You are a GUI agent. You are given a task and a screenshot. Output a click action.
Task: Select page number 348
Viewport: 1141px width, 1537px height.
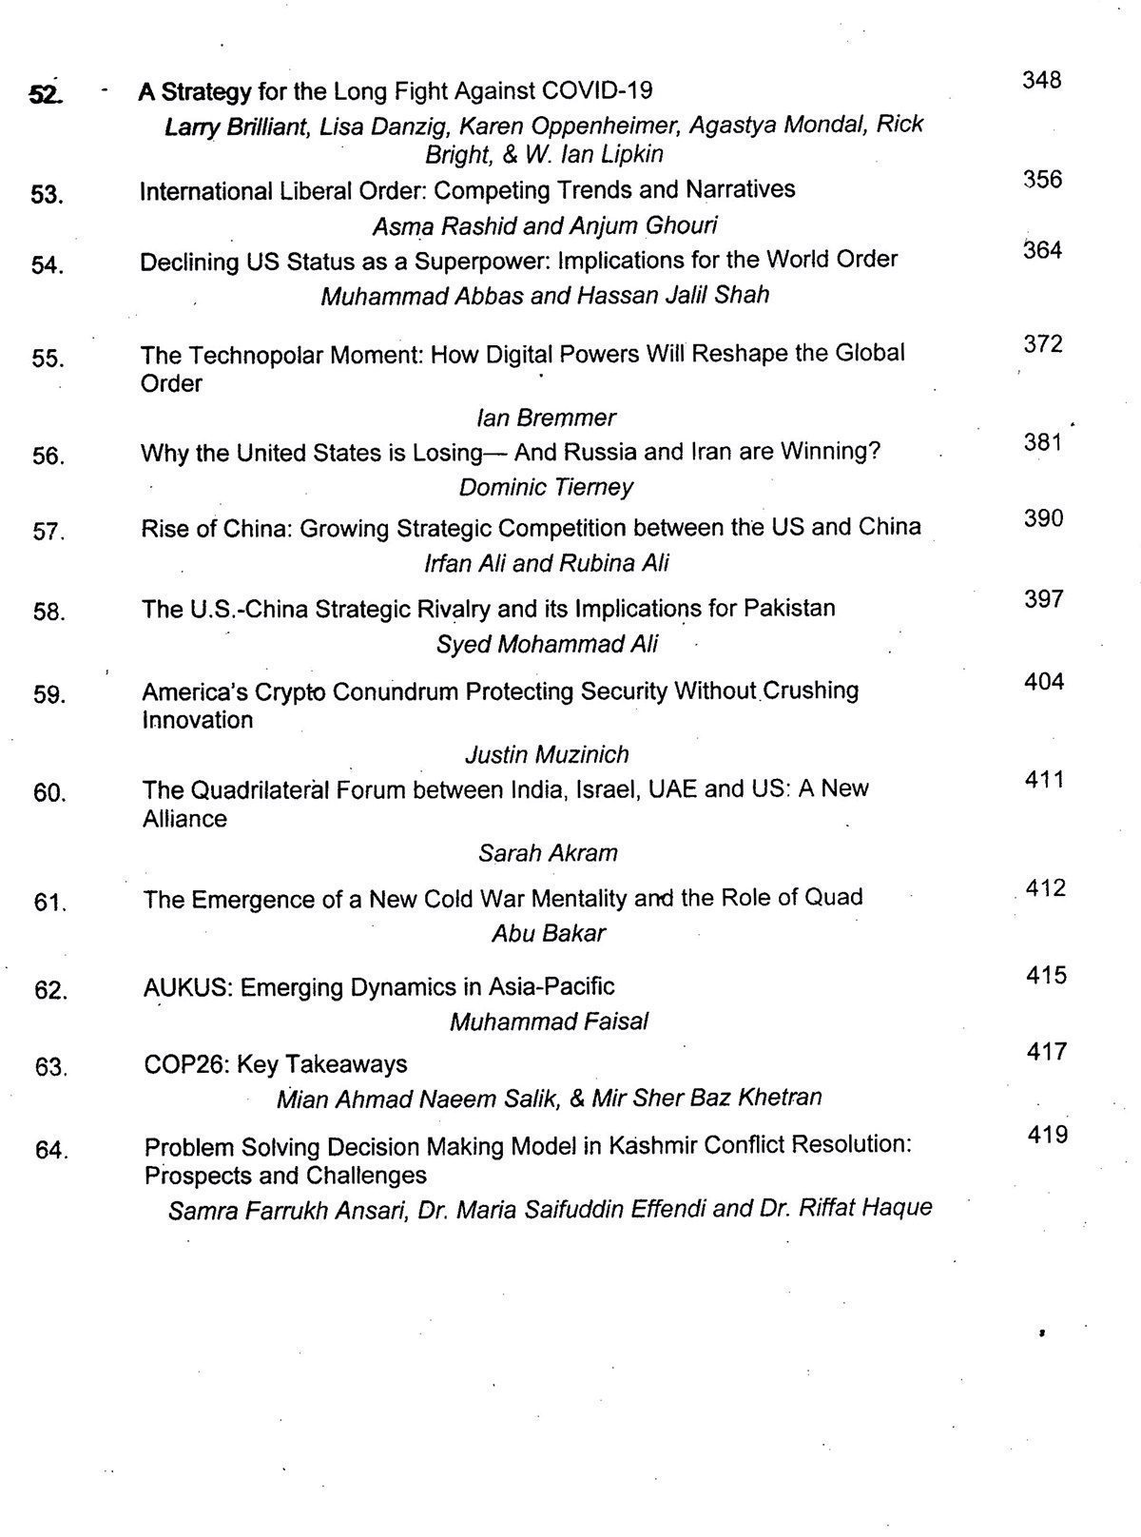(x=1041, y=80)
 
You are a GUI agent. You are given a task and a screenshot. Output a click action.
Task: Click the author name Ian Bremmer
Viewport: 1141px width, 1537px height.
(x=545, y=418)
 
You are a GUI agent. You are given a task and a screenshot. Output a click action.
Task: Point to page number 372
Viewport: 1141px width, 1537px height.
(x=1043, y=344)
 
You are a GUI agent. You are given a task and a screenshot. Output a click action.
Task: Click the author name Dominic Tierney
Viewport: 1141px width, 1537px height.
(x=546, y=488)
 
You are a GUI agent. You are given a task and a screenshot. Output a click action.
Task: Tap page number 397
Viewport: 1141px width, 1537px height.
(x=1044, y=599)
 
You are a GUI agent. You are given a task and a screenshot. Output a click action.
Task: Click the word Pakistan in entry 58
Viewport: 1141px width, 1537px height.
(x=789, y=608)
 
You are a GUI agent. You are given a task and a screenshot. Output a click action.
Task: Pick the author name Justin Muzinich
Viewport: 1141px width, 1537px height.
(x=547, y=755)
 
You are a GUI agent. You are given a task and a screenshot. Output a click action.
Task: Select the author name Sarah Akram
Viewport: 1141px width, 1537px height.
(x=548, y=853)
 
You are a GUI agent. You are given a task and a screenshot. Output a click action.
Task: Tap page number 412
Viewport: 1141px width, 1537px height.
(x=1046, y=889)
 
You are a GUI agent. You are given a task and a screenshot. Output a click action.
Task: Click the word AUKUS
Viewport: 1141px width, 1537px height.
(x=187, y=987)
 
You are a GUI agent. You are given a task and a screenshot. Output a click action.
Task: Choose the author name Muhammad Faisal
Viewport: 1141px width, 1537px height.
(x=549, y=1022)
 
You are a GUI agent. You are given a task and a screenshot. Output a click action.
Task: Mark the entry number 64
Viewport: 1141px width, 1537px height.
(x=51, y=1151)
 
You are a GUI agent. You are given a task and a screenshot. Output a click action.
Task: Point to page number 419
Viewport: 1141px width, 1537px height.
(x=1048, y=1135)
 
